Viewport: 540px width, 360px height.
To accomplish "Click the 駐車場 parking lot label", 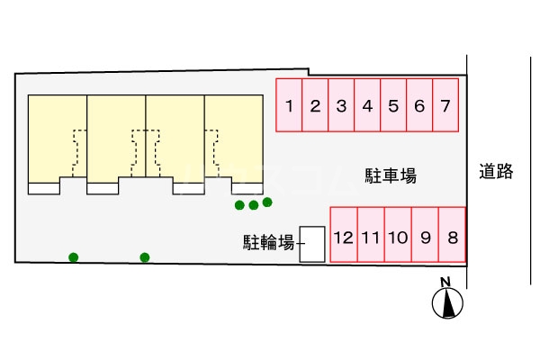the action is pos(390,175).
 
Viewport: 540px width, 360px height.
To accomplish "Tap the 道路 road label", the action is pos(496,171).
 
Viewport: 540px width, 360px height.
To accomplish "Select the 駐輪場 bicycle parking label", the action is pos(268,242).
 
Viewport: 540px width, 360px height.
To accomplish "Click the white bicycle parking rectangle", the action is pos(311,244).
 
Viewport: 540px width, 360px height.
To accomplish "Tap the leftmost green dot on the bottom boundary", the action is pos(74,258).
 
